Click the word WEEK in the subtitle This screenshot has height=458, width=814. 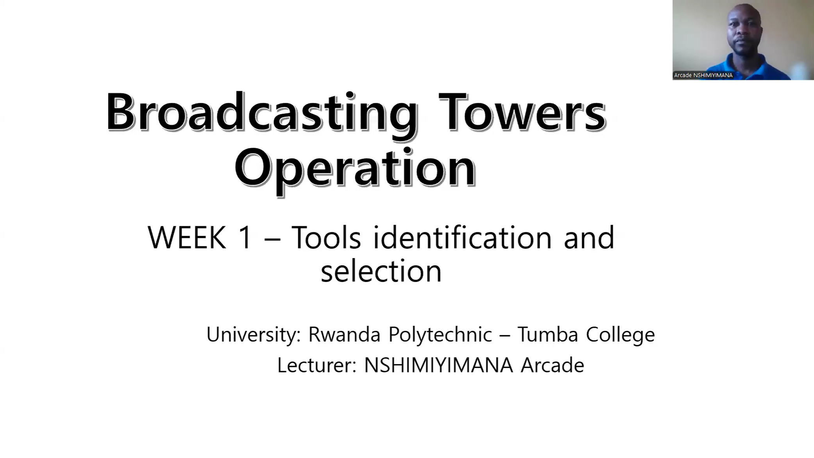187,237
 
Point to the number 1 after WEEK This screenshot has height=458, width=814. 245,237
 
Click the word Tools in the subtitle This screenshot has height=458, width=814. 326,237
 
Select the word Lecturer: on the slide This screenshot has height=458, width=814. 317,365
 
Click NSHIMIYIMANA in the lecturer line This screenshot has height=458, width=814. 438,365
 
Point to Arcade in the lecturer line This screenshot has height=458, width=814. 552,365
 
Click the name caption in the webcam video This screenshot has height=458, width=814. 703,75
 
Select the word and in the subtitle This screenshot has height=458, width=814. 589,237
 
